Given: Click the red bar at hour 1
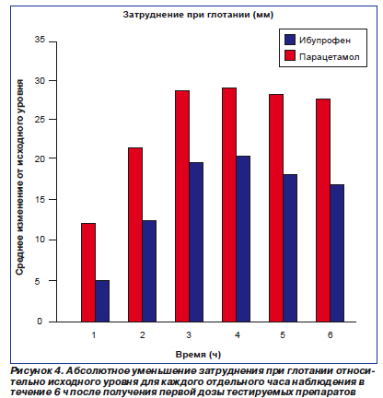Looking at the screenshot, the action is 88,273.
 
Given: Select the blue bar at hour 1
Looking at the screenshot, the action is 102,301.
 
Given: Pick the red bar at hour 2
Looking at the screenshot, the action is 135,235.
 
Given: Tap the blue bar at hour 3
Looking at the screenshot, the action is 196,242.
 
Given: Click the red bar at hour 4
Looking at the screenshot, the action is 229,205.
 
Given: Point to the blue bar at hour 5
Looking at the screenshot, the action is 290,248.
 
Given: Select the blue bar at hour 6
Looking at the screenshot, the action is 337,253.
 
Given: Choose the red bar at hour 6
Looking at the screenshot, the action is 323,210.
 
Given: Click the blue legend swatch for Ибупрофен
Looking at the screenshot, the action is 290,40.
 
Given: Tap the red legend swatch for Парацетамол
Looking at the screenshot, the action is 290,55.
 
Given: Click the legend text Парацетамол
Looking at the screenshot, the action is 330,57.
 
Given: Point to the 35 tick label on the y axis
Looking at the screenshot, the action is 40,40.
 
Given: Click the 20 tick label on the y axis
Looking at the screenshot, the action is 40,158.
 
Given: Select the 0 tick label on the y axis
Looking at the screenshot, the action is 40,322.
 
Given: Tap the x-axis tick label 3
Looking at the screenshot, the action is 189,334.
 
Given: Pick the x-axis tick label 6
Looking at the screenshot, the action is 330,334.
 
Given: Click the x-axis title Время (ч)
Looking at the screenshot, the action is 198,355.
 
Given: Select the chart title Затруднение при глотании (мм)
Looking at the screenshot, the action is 198,15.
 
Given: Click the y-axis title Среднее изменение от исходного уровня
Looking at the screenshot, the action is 19,177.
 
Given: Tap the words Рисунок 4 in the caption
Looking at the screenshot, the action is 36,371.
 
